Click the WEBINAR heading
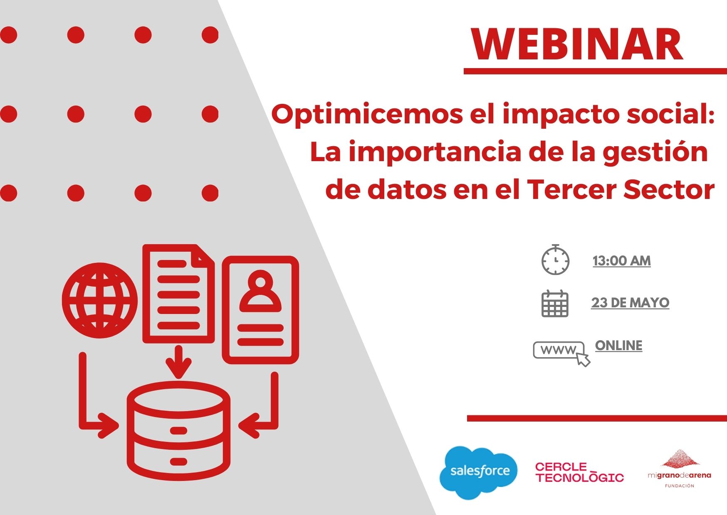[577, 45]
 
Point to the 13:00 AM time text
[621, 261]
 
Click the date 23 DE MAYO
[630, 302]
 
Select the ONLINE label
[618, 346]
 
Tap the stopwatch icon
[555, 260]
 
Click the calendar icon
[555, 303]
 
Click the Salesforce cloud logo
[478, 472]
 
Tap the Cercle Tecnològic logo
[579, 472]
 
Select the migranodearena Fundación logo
[679, 468]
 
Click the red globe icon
[99, 300]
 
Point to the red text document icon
[178, 294]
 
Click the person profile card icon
[260, 310]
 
